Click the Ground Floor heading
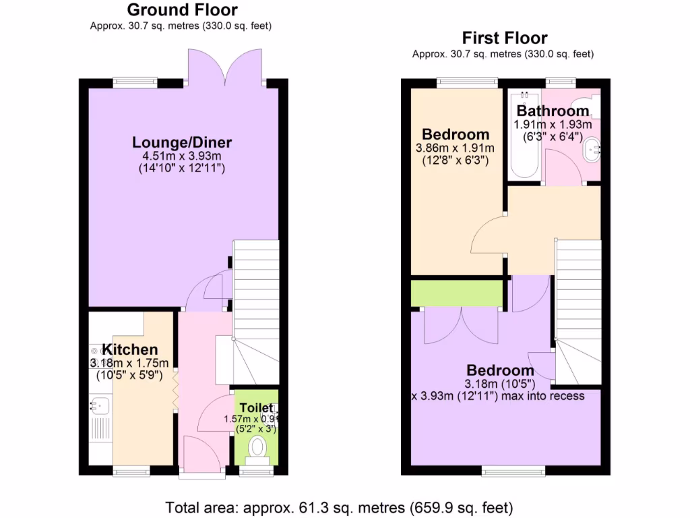182,10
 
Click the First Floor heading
504,38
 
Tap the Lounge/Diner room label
182,142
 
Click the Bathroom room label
553,111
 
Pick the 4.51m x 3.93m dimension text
182,155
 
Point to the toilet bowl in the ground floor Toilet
257,447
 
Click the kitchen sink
96,406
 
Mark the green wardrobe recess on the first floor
457,293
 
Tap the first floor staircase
578,310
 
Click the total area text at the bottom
340,506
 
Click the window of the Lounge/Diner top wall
135,83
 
